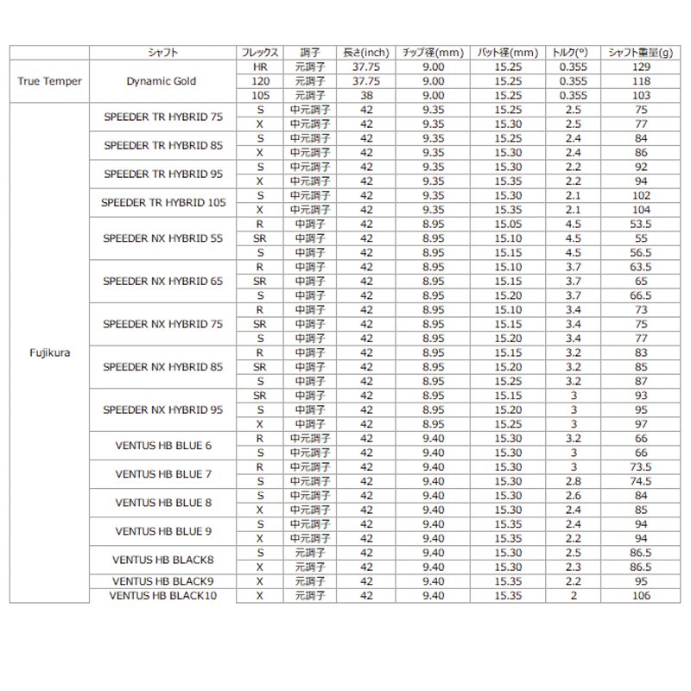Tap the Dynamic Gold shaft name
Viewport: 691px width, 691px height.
pyautogui.click(x=162, y=81)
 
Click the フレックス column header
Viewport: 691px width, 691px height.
pyautogui.click(x=259, y=52)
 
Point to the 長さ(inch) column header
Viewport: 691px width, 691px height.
pyautogui.click(x=367, y=52)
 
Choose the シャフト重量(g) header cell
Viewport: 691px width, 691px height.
pyautogui.click(x=642, y=52)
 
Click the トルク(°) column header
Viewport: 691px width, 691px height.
pyautogui.click(x=569, y=52)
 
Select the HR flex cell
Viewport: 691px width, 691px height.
pyautogui.click(x=259, y=67)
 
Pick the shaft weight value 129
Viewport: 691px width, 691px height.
pyautogui.click(x=642, y=67)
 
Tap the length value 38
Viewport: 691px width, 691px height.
pyautogui.click(x=367, y=95)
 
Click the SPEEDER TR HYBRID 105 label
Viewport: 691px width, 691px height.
pyautogui.click(x=162, y=202)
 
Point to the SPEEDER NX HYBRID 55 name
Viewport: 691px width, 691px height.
pyautogui.click(x=162, y=238)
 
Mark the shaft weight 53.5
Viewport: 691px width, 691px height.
pyautogui.click(x=642, y=224)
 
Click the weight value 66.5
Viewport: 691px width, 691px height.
pyautogui.click(x=642, y=295)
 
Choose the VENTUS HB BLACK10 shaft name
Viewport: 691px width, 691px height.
pyautogui.click(x=162, y=596)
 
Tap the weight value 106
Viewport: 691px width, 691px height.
pyautogui.click(x=642, y=596)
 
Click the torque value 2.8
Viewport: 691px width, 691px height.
pyautogui.click(x=569, y=480)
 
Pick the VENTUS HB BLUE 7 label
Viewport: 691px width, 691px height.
pyautogui.click(x=162, y=473)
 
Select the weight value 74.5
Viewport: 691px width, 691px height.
pyautogui.click(x=642, y=480)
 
